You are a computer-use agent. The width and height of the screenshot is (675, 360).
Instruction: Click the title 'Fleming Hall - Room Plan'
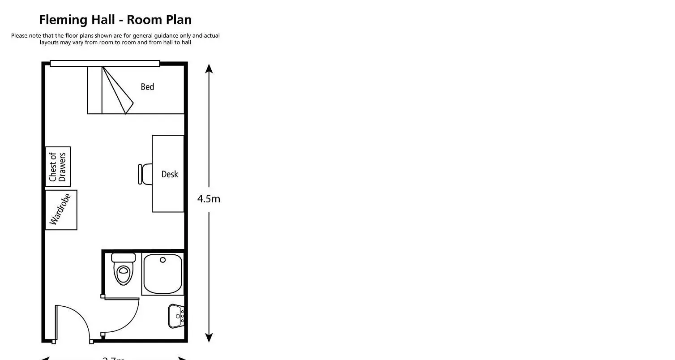(x=115, y=20)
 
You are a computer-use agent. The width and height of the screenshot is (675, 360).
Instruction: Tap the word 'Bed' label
(x=147, y=87)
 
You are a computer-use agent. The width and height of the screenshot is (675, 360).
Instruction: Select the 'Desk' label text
(x=170, y=174)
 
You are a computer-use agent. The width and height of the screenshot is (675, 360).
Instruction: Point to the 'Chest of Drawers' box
(x=58, y=167)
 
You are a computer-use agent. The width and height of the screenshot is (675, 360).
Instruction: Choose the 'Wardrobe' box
(x=61, y=210)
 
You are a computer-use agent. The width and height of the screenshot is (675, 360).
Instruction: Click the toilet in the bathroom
(x=123, y=273)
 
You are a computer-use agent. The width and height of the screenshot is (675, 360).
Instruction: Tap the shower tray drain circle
(x=163, y=260)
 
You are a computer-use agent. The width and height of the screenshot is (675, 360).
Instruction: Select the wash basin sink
(x=175, y=316)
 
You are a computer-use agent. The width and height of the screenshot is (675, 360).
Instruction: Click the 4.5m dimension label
(x=209, y=199)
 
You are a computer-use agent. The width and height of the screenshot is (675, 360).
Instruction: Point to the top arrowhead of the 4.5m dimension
(x=209, y=69)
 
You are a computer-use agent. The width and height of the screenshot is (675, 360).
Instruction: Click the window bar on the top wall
(x=105, y=64)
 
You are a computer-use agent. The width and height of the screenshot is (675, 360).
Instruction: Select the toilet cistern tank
(x=123, y=258)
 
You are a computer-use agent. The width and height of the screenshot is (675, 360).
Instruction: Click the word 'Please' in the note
(x=19, y=36)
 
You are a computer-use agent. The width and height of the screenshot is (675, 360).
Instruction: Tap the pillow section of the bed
(x=94, y=90)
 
